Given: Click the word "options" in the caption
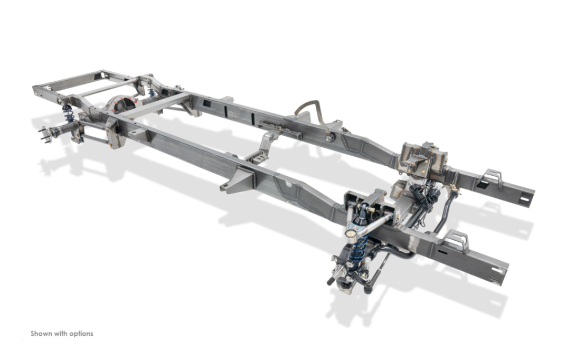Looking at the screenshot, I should (81, 334).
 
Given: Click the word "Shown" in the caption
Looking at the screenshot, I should (40, 334).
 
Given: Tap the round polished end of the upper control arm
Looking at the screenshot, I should (350, 232).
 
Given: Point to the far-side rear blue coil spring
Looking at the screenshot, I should (152, 92).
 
